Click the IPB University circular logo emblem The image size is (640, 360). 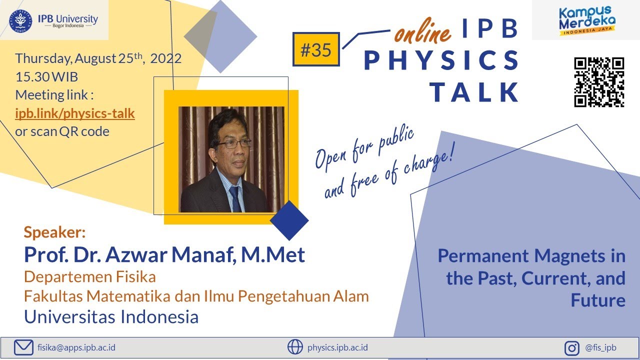click(x=20, y=20)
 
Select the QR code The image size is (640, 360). click(x=599, y=82)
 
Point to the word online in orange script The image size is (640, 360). click(x=422, y=32)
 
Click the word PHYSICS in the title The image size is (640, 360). click(x=441, y=60)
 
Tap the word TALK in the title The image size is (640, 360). click(x=474, y=91)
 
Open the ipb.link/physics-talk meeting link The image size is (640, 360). click(x=75, y=113)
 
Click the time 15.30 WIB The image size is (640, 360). click(x=46, y=77)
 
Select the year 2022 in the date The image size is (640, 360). click(x=165, y=58)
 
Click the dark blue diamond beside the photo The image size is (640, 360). click(x=289, y=220)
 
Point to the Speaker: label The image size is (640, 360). click(x=55, y=232)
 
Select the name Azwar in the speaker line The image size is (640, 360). click(x=143, y=255)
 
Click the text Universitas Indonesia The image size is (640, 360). click(x=111, y=316)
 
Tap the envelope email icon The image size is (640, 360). click(x=23, y=347)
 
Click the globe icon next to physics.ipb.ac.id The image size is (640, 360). click(x=295, y=347)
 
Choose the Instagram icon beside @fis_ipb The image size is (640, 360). click(x=571, y=347)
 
